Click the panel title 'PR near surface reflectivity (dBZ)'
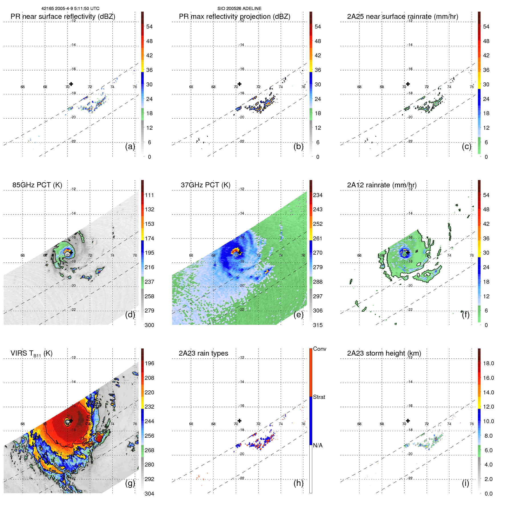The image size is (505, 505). tap(63, 17)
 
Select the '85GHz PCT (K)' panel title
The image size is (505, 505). tap(37, 185)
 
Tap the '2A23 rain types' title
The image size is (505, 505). tap(203, 353)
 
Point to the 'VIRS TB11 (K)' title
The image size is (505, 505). tap(31, 354)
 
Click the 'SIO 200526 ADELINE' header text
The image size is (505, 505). tap(239, 9)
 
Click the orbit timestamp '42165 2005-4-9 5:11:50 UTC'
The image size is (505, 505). tap(70, 9)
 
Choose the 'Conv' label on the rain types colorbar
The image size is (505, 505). tap(319, 349)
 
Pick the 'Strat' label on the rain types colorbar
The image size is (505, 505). tap(319, 397)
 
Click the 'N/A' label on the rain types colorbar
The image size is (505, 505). tap(318, 445)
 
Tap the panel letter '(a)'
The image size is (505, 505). tap(130, 146)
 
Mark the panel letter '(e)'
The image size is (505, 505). tap(298, 315)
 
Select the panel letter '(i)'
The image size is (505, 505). tap(465, 483)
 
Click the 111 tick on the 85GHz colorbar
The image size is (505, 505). tap(149, 195)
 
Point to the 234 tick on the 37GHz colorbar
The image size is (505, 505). tap(318, 195)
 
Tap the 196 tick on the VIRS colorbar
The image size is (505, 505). tap(149, 363)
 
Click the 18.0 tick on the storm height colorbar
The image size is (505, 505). tap(488, 363)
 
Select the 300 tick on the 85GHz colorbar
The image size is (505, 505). tap(149, 325)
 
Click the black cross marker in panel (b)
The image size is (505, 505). tap(240, 84)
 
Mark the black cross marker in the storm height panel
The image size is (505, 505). tap(408, 421)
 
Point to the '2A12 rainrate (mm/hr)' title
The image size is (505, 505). tap(382, 185)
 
